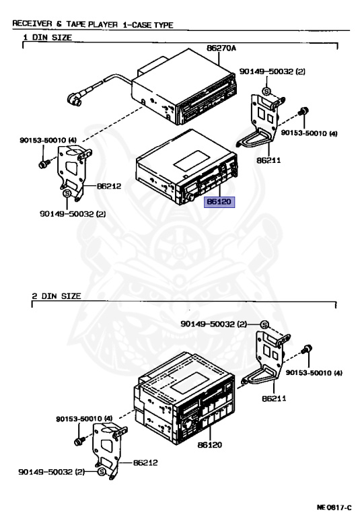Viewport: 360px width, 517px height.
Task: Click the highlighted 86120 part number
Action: tap(219, 201)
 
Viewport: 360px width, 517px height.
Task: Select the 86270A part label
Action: tap(221, 48)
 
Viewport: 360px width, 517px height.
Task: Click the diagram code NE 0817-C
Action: tap(334, 507)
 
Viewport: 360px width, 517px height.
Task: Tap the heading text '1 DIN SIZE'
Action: tap(48, 37)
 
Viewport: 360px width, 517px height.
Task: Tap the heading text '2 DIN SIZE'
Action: tap(57, 296)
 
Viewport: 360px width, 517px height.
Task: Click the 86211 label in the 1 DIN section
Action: tap(268, 161)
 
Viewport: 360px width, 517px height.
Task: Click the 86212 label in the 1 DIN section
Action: tap(109, 186)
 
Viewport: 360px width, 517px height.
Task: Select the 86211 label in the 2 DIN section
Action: tap(274, 399)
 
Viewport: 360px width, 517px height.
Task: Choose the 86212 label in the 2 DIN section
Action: tap(145, 462)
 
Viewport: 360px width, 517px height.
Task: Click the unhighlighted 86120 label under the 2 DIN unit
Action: tap(210, 445)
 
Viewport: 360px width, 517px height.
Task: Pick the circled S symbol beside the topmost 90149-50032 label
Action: tap(266, 92)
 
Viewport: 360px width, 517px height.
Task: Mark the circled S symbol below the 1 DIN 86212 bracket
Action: tap(67, 193)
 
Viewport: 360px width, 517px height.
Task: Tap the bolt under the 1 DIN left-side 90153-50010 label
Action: tap(44, 163)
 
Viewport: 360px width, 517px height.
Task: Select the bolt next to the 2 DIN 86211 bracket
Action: tap(307, 349)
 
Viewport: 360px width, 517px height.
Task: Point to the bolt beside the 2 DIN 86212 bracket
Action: tap(79, 440)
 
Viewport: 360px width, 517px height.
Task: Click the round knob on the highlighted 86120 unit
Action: tap(190, 197)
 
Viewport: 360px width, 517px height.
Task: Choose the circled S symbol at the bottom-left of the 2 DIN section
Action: tap(102, 472)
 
